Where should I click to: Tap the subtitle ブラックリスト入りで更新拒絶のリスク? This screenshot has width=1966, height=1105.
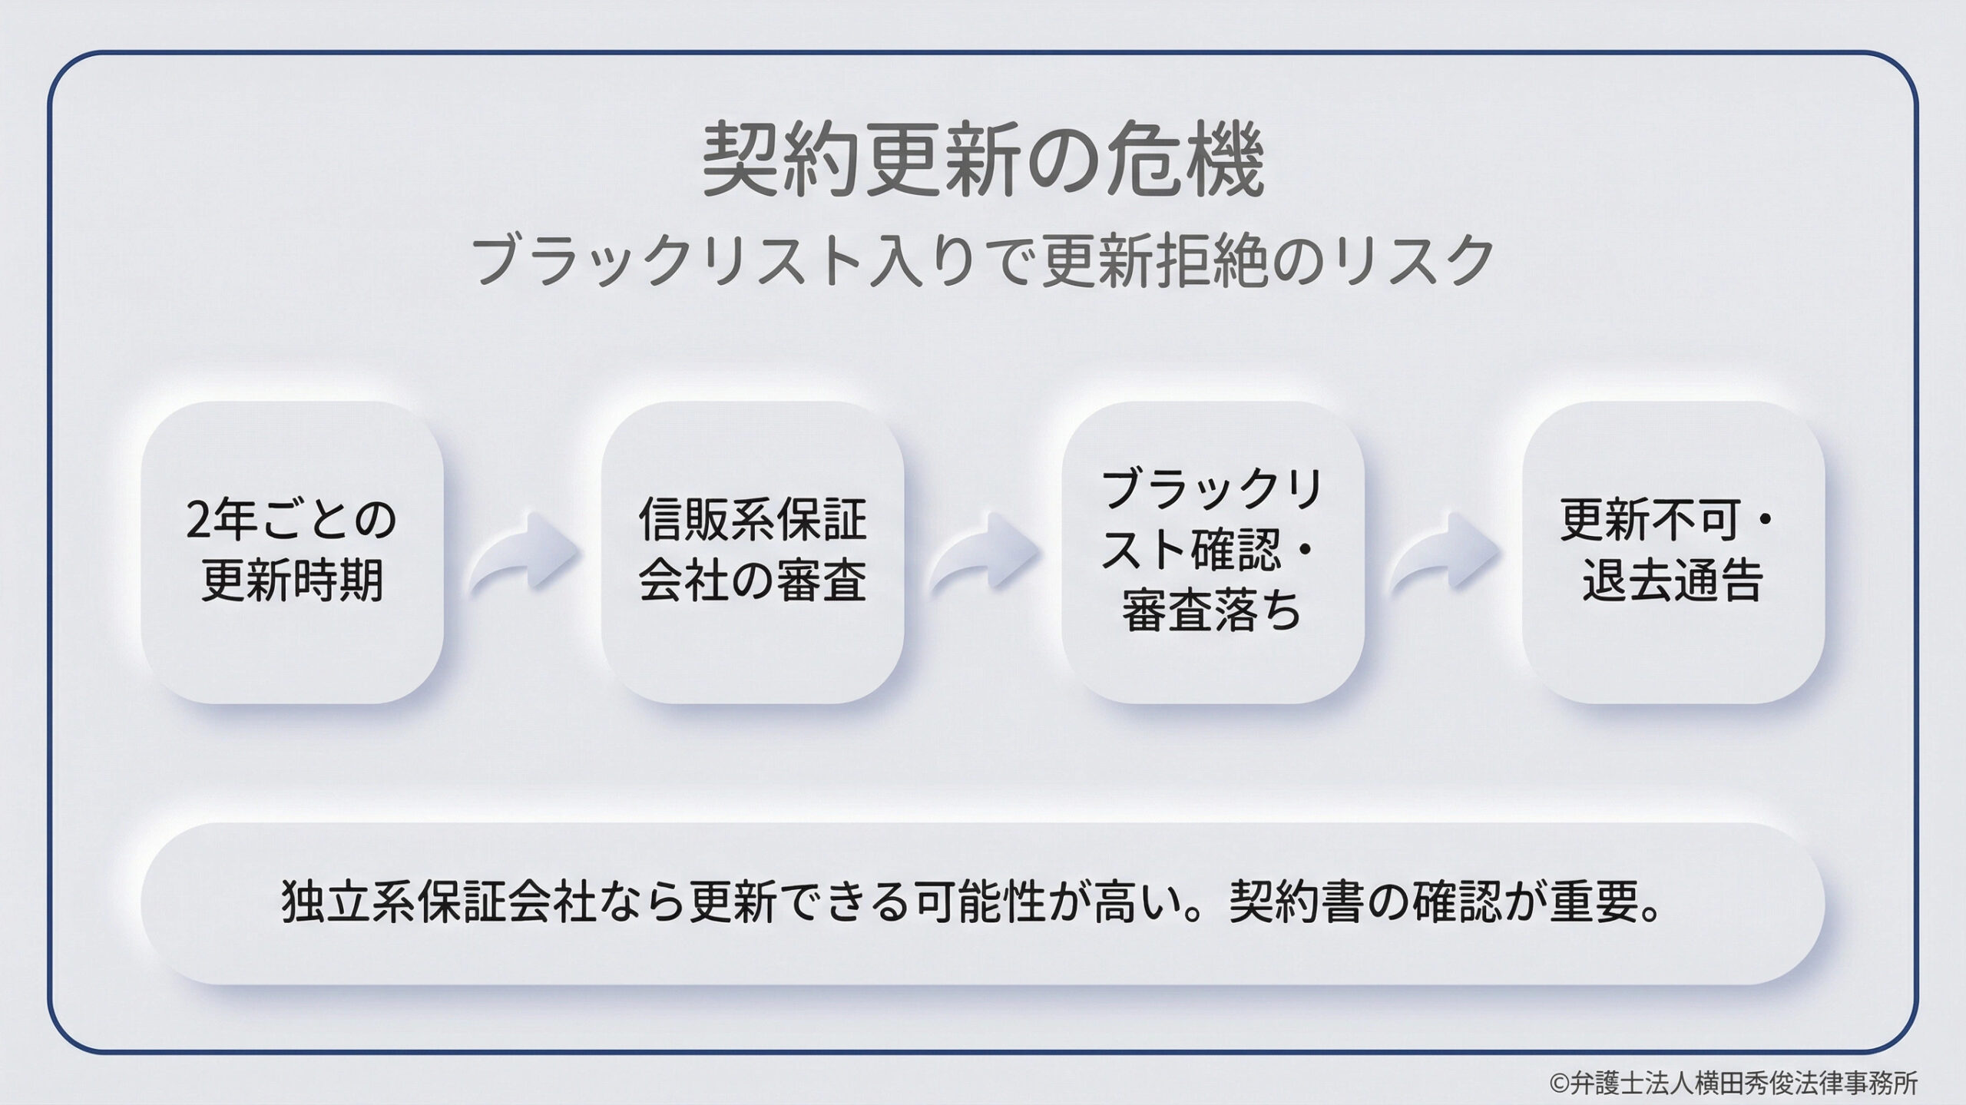tap(982, 262)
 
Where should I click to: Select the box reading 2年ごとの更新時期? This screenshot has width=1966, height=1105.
tap(292, 551)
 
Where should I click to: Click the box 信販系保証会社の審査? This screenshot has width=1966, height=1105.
tap(752, 551)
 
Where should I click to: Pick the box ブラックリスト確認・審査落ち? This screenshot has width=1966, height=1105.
tap(1212, 551)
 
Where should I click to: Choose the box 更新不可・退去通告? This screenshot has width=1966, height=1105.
tap(1673, 551)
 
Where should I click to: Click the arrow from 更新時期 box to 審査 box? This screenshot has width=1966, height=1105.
tap(523, 551)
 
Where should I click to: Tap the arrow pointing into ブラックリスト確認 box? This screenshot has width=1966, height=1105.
tap(983, 551)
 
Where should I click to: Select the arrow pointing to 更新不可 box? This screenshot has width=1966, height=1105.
tap(1444, 551)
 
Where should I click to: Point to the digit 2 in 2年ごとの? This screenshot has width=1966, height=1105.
tap(197, 521)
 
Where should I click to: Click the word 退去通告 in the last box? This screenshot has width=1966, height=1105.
tap(1673, 581)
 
